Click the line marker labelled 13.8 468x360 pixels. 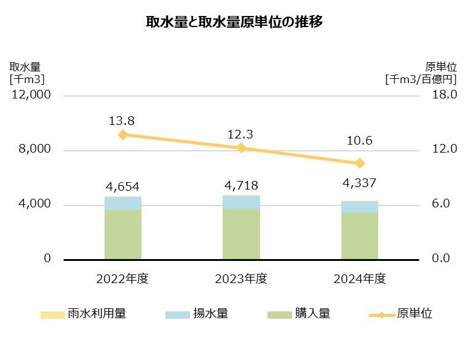click(x=123, y=135)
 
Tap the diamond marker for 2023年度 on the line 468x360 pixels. click(x=241, y=148)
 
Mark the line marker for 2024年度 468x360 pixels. click(x=360, y=163)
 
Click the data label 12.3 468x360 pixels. click(x=241, y=134)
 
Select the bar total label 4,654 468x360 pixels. click(x=123, y=186)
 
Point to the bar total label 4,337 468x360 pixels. click(x=359, y=183)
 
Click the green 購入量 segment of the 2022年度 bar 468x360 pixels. click(x=123, y=234)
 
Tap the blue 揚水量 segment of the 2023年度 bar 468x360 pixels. click(x=241, y=202)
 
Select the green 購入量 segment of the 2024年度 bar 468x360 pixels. click(x=359, y=236)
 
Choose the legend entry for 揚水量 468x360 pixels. click(x=197, y=314)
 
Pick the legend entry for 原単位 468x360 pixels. click(x=400, y=314)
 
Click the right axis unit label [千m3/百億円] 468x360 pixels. click(x=421, y=79)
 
